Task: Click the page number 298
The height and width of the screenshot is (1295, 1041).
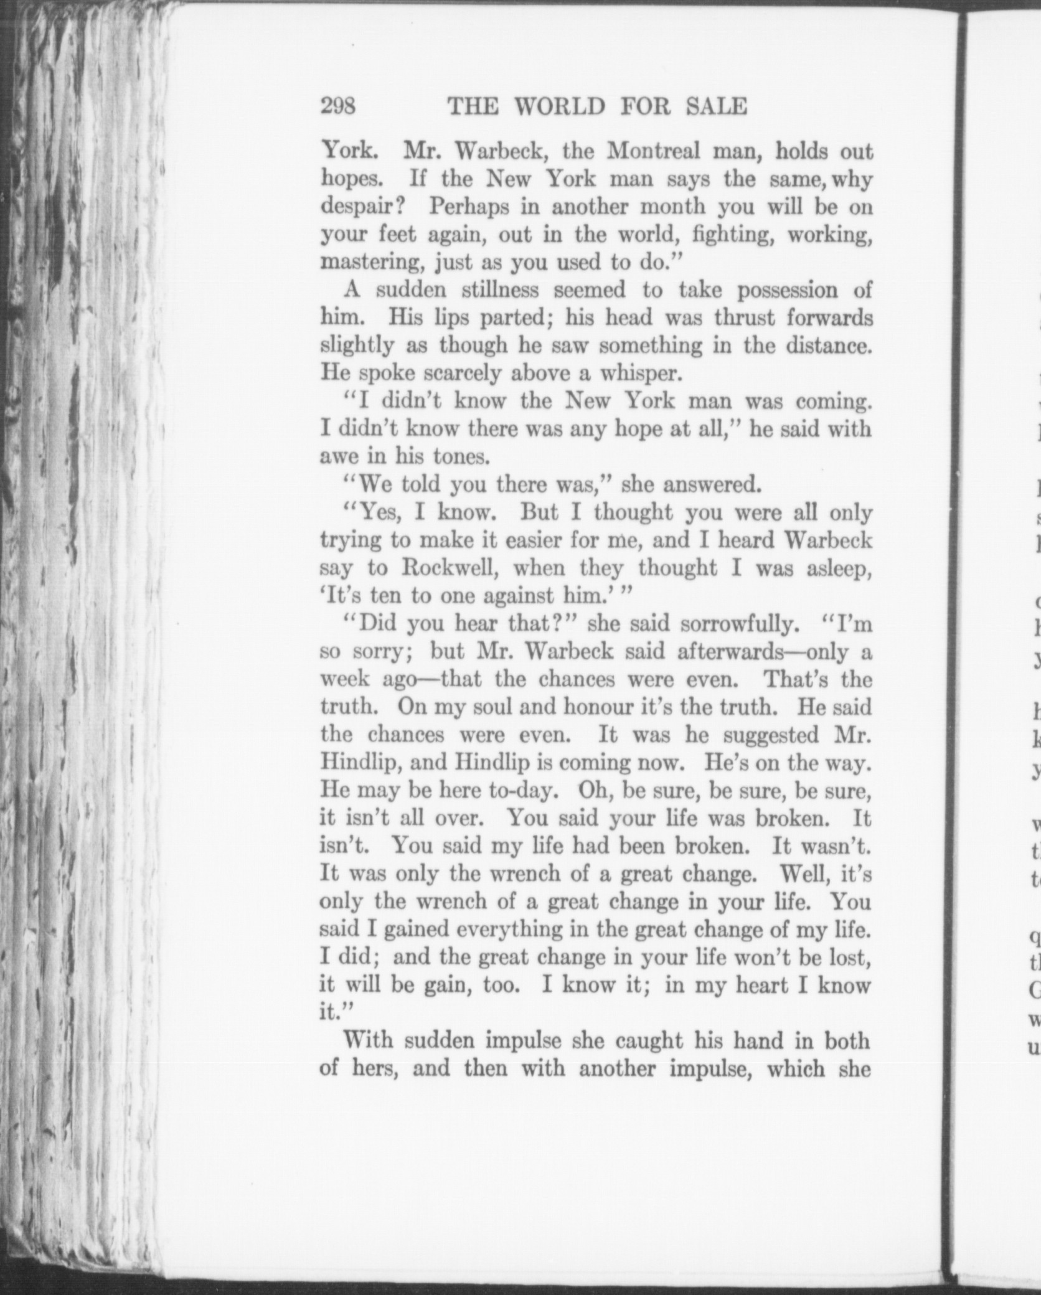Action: point(338,107)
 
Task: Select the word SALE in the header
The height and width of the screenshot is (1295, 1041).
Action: point(715,107)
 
